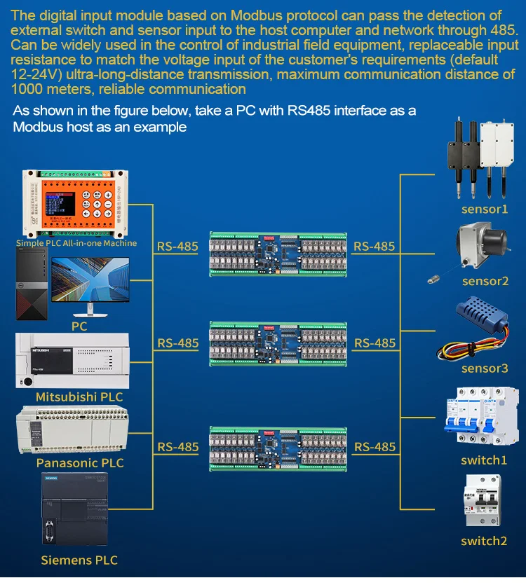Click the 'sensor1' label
[484, 209]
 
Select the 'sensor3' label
[485, 369]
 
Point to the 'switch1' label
[484, 460]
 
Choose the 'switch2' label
[484, 541]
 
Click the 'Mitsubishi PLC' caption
[79, 397]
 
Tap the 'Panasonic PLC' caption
[80, 463]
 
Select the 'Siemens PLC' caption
[79, 560]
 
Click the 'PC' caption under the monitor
[79, 326]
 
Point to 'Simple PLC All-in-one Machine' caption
[76, 243]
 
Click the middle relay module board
[278, 343]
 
